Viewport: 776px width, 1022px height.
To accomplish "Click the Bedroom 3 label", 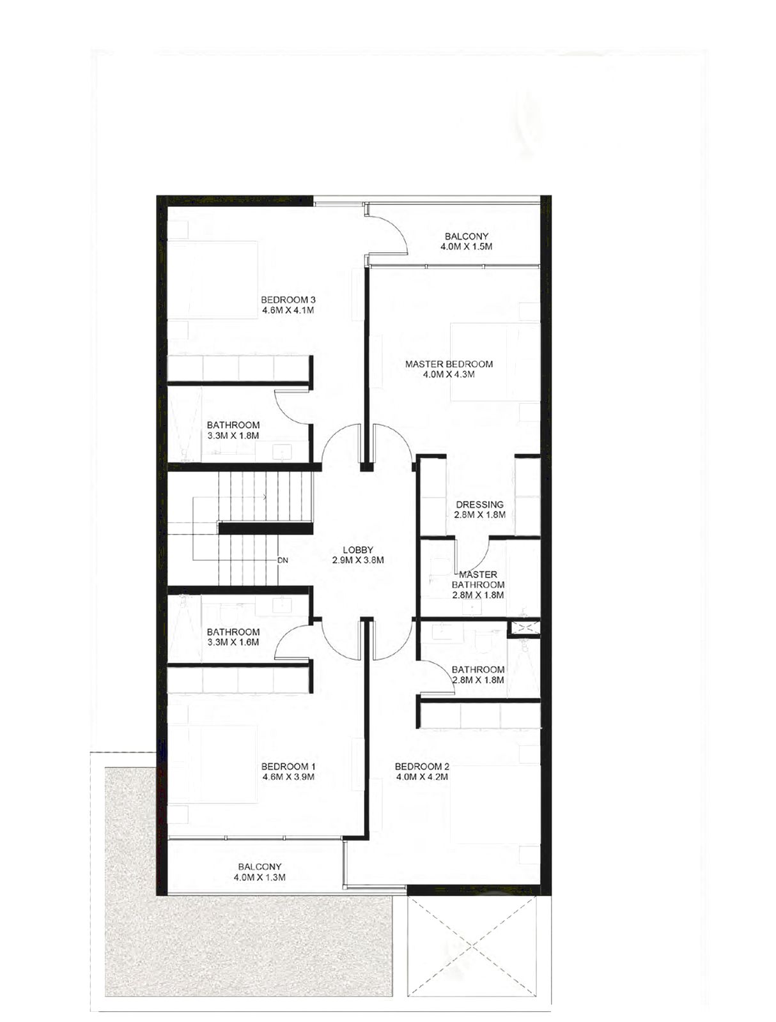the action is coord(288,305).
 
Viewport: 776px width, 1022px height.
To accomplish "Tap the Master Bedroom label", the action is coord(449,369).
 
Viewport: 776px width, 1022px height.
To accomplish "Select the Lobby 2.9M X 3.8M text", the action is coord(358,554).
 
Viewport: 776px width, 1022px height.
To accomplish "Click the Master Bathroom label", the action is coord(477,584).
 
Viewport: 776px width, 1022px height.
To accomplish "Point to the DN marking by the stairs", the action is coord(283,560).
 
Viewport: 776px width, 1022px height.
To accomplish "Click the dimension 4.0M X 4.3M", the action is coord(449,374).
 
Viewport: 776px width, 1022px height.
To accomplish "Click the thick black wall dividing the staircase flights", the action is coord(265,528).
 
